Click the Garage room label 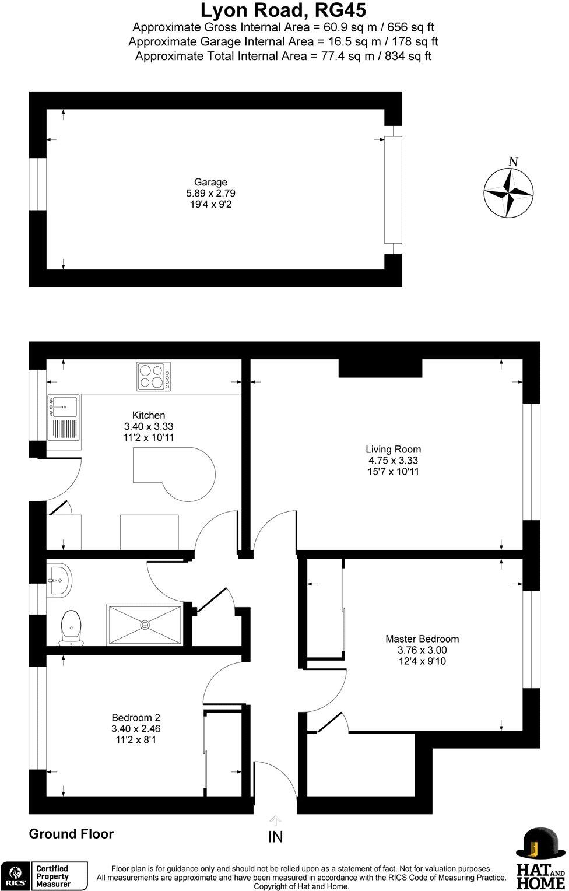tap(210, 182)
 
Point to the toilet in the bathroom tap(71, 627)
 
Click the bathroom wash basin tap(59, 580)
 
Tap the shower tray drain tap(145, 625)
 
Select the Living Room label tap(393, 449)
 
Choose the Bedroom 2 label tap(136, 718)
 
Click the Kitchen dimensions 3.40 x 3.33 tap(148, 426)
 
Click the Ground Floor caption tap(71, 834)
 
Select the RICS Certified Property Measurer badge tap(44, 876)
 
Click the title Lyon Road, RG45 tap(283, 10)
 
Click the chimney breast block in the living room tap(380, 368)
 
